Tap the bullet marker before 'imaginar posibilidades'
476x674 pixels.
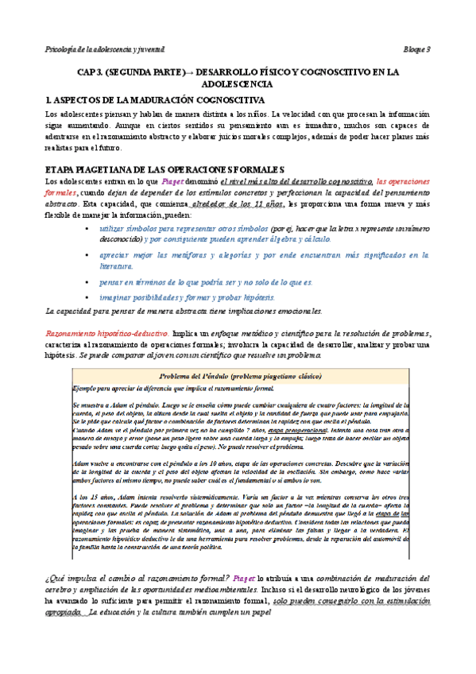tap(87, 296)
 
